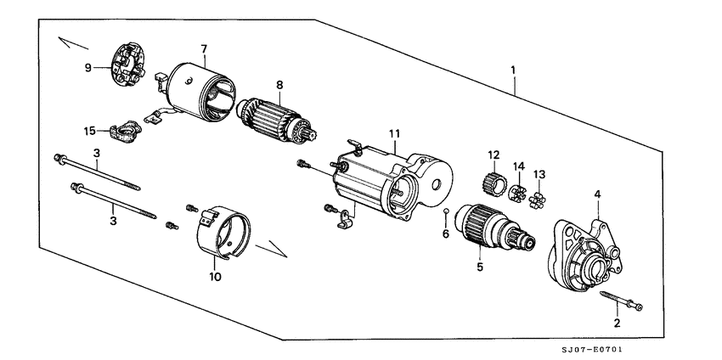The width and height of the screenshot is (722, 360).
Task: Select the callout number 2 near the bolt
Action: pyautogui.click(x=618, y=323)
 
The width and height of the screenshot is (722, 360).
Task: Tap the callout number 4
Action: pyautogui.click(x=598, y=194)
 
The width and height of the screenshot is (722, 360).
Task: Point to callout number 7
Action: pyautogui.click(x=204, y=48)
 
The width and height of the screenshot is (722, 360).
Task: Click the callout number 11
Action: pyautogui.click(x=394, y=133)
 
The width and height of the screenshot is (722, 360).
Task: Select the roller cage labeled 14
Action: pyautogui.click(x=516, y=192)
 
